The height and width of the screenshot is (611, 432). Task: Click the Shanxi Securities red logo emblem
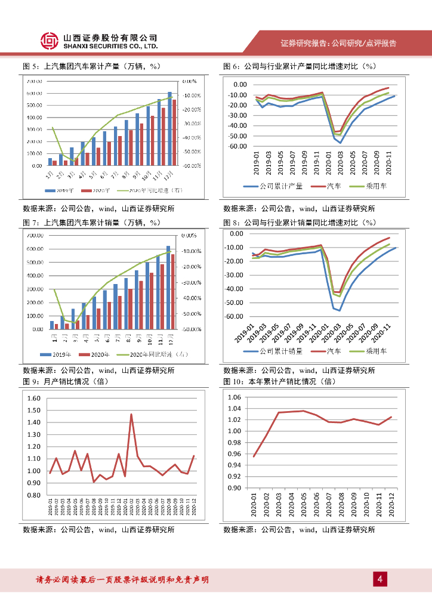[50, 40]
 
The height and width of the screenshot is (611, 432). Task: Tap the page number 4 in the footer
[379, 579]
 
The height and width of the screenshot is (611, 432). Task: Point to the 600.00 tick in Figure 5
[34, 94]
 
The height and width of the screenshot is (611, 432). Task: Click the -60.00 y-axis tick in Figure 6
[237, 146]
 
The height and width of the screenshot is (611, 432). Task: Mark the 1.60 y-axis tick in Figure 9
[34, 399]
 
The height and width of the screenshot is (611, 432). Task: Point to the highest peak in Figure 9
[131, 414]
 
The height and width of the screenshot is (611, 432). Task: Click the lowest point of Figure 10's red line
[254, 457]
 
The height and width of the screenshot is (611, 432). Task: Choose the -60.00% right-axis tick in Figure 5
[190, 166]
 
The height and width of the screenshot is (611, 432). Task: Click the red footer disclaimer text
[122, 579]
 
